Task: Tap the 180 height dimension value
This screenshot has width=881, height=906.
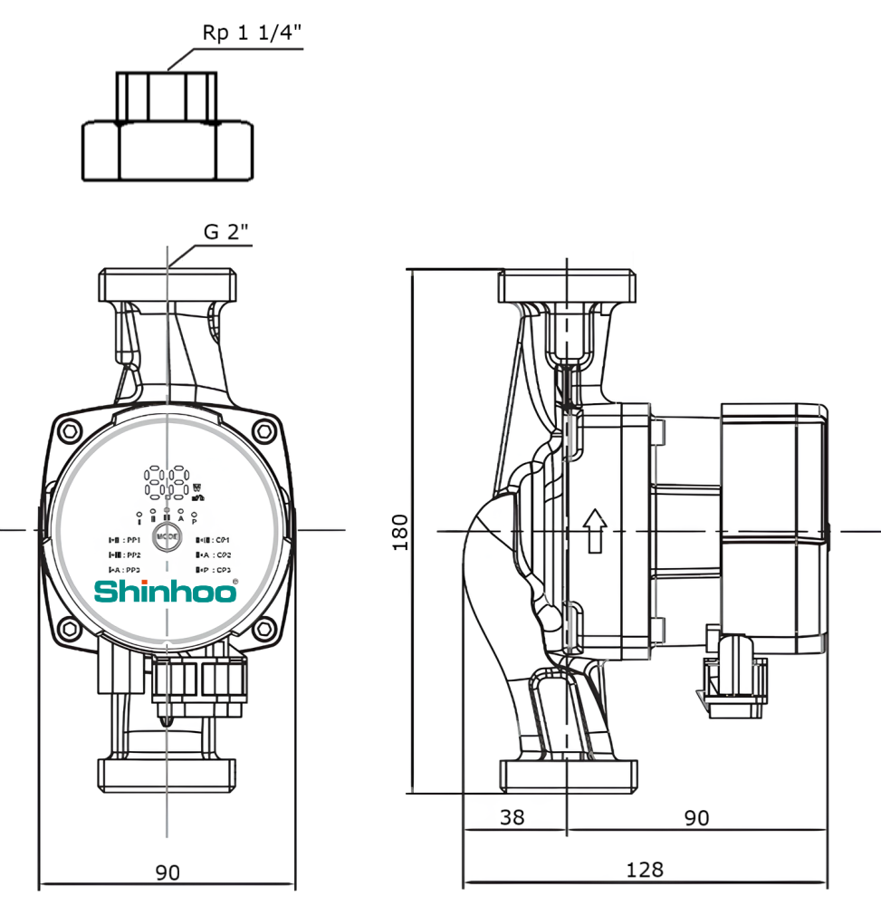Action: [400, 532]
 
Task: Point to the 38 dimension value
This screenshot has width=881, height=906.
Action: [512, 817]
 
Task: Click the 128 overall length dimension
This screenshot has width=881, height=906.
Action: [645, 870]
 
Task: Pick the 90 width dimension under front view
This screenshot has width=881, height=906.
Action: [168, 872]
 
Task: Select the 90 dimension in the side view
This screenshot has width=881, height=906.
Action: [695, 817]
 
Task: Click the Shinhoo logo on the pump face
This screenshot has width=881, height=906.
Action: [167, 592]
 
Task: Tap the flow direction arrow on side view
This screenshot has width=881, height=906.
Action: [594, 530]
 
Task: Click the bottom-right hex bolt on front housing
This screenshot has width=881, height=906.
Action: [264, 629]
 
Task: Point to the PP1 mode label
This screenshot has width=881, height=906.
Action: [124, 539]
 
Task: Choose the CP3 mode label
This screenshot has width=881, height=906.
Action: [214, 569]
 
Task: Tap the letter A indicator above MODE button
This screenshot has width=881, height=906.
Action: [181, 519]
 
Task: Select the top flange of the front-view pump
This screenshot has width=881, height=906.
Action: [168, 284]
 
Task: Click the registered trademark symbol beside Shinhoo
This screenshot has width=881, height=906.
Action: [236, 582]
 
